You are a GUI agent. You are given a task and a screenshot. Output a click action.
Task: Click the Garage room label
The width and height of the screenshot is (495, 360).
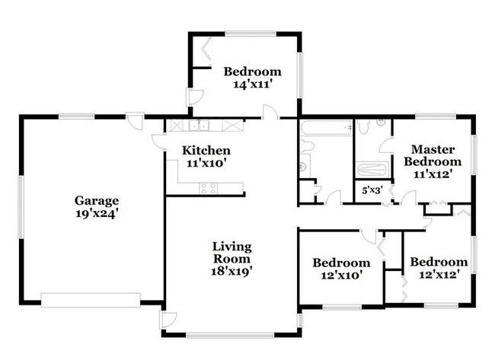97,201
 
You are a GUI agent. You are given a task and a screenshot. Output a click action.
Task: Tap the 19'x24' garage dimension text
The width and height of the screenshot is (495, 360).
97,214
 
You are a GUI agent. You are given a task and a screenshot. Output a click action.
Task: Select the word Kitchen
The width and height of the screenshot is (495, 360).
206,150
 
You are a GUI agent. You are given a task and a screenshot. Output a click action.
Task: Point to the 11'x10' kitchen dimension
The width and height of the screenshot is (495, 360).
206,162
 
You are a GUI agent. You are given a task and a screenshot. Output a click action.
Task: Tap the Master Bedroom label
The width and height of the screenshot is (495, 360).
433,155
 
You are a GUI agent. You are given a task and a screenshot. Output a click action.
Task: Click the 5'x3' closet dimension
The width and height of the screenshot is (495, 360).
371,190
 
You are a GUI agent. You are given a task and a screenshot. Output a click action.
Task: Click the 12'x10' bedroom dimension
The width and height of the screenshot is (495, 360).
337,276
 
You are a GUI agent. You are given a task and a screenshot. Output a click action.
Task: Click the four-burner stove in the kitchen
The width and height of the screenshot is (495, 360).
209,187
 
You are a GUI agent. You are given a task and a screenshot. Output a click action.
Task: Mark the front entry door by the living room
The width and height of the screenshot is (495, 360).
169,320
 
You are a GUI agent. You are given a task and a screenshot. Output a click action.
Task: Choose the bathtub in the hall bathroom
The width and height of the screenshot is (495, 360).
326,128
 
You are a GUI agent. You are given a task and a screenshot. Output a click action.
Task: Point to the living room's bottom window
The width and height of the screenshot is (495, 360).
232,334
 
